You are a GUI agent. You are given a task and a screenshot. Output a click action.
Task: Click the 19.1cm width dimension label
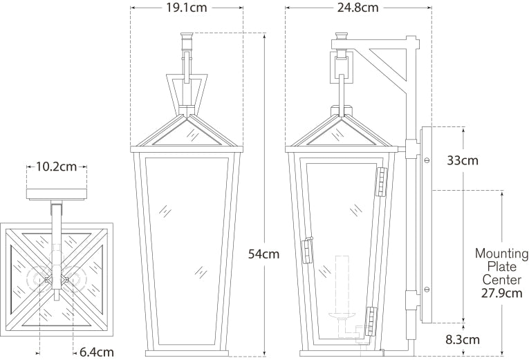click(187, 8)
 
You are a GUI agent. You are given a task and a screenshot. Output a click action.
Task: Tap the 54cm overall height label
click(263, 254)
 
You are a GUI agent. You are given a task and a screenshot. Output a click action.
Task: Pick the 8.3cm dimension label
click(462, 340)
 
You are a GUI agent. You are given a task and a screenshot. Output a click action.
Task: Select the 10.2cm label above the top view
click(57, 167)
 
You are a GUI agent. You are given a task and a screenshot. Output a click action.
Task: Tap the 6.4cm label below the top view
click(96, 352)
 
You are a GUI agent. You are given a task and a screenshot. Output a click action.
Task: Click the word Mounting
click(501, 254)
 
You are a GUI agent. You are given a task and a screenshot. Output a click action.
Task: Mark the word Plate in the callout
click(501, 267)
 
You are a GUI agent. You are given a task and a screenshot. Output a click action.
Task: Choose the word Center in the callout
click(501, 279)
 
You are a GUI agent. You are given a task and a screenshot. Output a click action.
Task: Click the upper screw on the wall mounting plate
click(426, 160)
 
